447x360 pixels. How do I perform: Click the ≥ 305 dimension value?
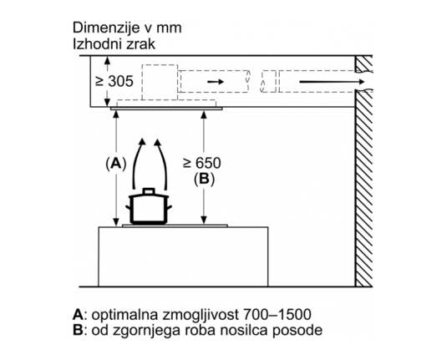[x=114, y=81]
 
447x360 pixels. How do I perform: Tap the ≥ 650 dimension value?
[x=202, y=163]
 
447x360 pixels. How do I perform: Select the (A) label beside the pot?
[x=116, y=164]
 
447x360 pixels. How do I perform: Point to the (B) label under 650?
[x=204, y=180]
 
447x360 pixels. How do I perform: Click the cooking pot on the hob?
[x=149, y=205]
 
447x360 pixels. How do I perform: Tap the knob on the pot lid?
[x=149, y=191]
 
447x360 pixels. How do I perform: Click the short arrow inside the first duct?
[x=216, y=82]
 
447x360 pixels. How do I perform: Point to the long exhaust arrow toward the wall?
[x=332, y=82]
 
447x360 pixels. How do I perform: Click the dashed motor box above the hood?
[x=160, y=83]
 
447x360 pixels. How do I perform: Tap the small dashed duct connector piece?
[x=268, y=81]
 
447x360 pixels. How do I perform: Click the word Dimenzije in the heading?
[x=106, y=28]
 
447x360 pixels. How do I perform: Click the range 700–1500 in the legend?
[x=277, y=315]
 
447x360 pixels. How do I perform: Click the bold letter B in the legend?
[x=78, y=331]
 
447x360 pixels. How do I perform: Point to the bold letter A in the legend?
[x=78, y=315]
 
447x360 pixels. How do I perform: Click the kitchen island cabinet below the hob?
[x=183, y=256]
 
